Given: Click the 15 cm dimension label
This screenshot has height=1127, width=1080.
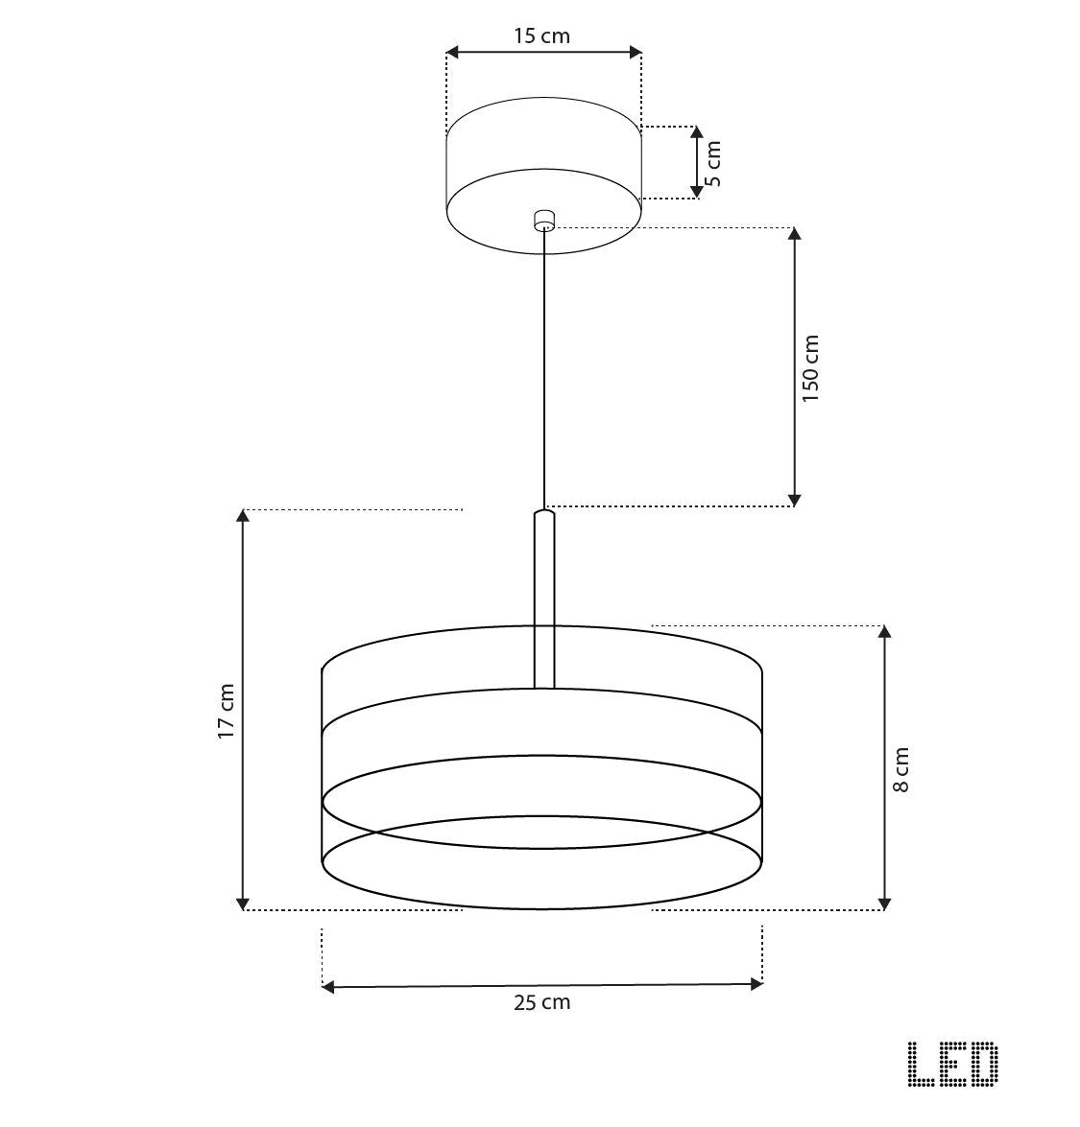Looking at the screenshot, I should click(x=541, y=36).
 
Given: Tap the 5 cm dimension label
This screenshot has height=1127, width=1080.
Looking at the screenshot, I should click(x=711, y=163).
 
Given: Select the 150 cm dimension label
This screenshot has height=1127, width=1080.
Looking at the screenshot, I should click(x=810, y=368).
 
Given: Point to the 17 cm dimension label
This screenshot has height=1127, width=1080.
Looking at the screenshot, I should click(x=226, y=711).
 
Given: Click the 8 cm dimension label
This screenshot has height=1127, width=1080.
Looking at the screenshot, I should click(x=900, y=770).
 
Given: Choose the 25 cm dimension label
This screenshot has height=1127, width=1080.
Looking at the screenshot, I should click(x=541, y=1003).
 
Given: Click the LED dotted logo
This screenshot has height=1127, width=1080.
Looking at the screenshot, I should click(x=952, y=1065).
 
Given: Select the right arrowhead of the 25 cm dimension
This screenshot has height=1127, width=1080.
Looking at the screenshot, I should click(x=756, y=984).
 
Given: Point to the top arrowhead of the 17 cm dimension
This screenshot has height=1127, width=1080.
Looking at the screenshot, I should click(x=244, y=516).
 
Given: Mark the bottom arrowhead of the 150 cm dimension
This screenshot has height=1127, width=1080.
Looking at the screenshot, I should click(x=794, y=499).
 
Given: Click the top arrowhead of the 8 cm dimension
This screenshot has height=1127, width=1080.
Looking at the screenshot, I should click(x=884, y=632).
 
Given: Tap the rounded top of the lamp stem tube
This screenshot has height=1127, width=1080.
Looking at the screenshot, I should click(x=544, y=516).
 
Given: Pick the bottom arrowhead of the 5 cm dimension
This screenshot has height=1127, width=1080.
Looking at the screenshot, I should click(x=696, y=192).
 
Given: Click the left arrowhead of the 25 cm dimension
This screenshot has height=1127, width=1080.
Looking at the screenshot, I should click(x=328, y=986).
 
